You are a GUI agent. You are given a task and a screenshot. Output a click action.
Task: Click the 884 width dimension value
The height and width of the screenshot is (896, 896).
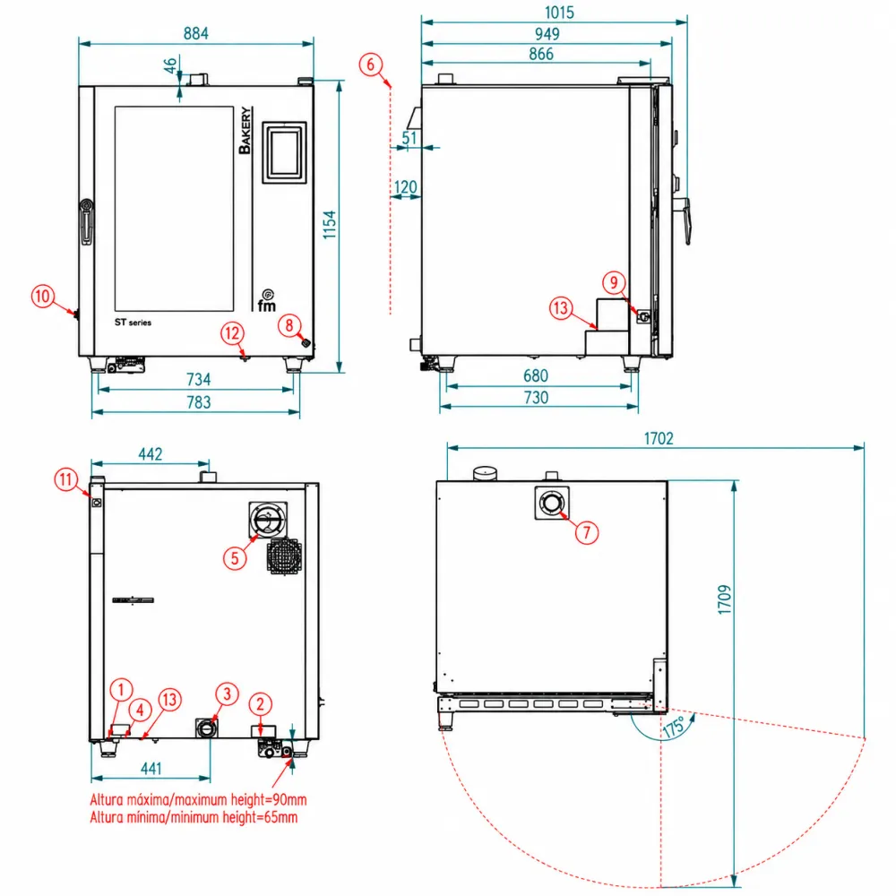(196, 34)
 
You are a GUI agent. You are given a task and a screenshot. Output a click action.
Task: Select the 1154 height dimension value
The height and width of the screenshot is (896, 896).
(329, 225)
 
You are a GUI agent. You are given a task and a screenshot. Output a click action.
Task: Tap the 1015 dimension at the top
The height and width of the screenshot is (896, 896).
(559, 13)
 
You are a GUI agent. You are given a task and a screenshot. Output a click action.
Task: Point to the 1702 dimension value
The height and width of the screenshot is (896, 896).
(659, 438)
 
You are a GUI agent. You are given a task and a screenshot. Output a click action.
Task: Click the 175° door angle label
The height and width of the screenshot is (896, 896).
(675, 727)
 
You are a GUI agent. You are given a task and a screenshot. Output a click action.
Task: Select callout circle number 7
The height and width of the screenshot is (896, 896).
(586, 532)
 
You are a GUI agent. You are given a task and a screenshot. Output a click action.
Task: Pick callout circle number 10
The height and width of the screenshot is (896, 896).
(43, 296)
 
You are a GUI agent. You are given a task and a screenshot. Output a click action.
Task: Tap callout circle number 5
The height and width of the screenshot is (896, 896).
(235, 558)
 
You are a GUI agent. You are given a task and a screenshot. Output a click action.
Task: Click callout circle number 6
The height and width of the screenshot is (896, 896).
(370, 64)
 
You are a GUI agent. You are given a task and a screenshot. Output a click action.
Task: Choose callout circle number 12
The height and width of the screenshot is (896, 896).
(232, 333)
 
